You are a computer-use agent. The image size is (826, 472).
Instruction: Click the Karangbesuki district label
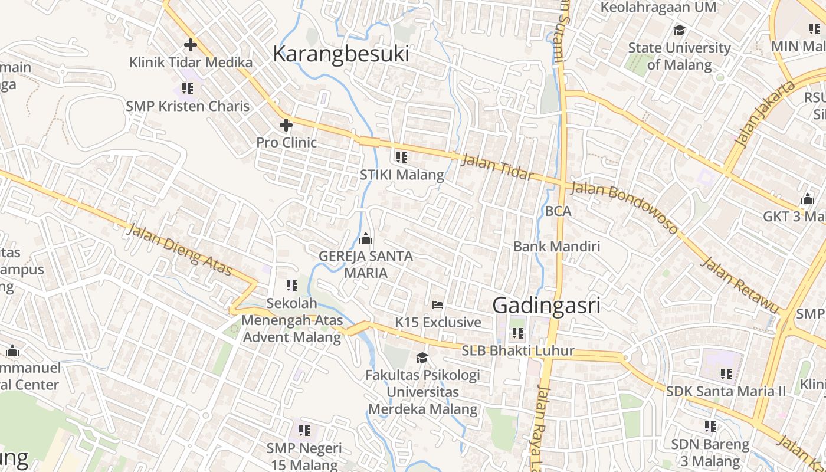click(340, 54)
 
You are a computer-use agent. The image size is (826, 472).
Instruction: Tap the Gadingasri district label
click(546, 305)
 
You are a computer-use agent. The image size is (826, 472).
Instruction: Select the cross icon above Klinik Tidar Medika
click(190, 44)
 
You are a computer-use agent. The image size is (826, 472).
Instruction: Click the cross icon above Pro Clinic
click(286, 125)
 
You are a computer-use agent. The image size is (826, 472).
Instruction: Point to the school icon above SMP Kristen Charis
click(188, 88)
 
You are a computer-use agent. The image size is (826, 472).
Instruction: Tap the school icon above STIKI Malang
click(402, 158)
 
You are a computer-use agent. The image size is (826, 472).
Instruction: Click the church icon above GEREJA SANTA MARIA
click(366, 238)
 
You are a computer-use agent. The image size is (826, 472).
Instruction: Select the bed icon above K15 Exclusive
click(438, 304)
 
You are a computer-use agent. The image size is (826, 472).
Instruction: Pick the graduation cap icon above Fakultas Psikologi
click(422, 358)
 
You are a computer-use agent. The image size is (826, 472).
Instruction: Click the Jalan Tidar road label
click(497, 168)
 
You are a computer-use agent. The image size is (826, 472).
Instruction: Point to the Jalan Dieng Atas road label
click(179, 250)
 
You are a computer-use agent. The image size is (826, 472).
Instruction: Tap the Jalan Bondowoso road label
click(625, 208)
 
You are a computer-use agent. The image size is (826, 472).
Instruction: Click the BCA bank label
click(558, 211)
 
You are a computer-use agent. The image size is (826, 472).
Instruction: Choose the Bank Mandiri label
click(556, 246)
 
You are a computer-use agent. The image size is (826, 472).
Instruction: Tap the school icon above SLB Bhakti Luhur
click(518, 333)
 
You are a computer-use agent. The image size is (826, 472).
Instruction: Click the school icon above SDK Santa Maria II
click(726, 373)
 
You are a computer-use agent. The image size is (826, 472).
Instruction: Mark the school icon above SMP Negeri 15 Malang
click(304, 431)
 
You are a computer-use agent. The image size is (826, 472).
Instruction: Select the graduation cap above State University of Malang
click(680, 30)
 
